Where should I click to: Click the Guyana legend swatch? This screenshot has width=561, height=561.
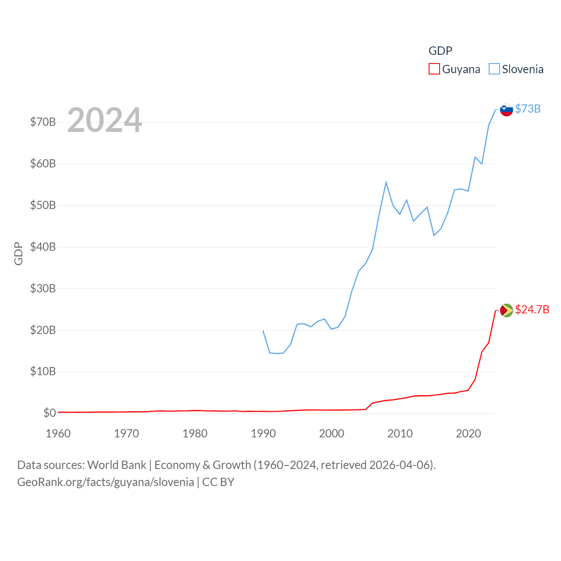[x=434, y=69]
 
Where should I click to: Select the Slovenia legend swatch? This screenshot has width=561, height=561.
[x=494, y=69]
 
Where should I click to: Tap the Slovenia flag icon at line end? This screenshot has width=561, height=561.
[x=506, y=110]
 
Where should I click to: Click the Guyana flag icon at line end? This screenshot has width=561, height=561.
[x=506, y=310]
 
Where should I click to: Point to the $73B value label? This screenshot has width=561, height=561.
[x=528, y=109]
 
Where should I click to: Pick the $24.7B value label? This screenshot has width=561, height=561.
[x=532, y=309]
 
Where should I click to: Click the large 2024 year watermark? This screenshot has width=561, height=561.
[x=104, y=120]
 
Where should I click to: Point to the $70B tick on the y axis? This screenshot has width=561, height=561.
[x=43, y=122]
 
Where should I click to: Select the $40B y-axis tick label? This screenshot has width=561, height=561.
[x=43, y=247]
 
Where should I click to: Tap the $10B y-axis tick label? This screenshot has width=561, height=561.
[x=43, y=372]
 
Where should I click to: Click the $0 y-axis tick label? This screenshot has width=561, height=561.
[x=50, y=413]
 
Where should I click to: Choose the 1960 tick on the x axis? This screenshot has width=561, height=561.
[x=58, y=433]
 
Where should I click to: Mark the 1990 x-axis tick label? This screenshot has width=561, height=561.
[x=263, y=433]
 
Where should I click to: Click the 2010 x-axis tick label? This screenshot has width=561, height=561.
[x=400, y=433]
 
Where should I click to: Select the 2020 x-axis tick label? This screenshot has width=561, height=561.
[x=469, y=433]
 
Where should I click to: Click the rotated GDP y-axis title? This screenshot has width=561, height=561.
[x=18, y=253]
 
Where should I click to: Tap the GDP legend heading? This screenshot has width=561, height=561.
[x=440, y=51]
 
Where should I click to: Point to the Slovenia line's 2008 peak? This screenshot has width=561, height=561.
[x=386, y=182]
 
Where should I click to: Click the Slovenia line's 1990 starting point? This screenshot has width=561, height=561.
[x=263, y=331]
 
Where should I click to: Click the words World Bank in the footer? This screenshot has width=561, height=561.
[x=117, y=465]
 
